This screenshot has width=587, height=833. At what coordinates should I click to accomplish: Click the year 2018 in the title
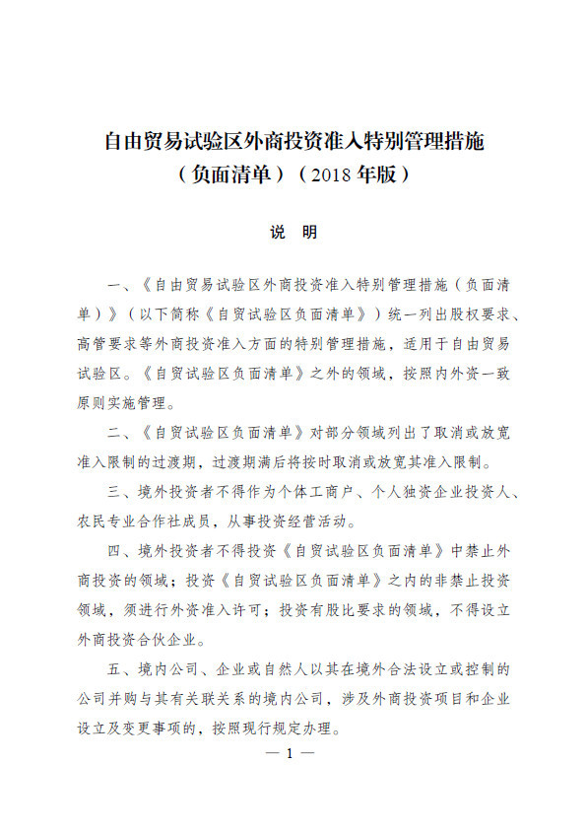(x=327, y=176)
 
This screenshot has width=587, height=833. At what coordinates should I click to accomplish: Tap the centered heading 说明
(x=293, y=233)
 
